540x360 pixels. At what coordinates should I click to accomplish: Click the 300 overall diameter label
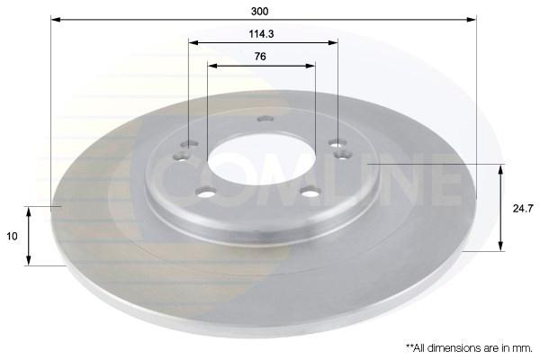[260, 12]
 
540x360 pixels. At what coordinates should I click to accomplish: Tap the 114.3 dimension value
[261, 34]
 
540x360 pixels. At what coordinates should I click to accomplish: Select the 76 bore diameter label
[260, 56]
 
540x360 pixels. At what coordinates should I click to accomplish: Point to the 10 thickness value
[12, 237]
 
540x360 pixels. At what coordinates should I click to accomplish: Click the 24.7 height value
[523, 209]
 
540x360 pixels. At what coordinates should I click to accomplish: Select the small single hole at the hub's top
[265, 119]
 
